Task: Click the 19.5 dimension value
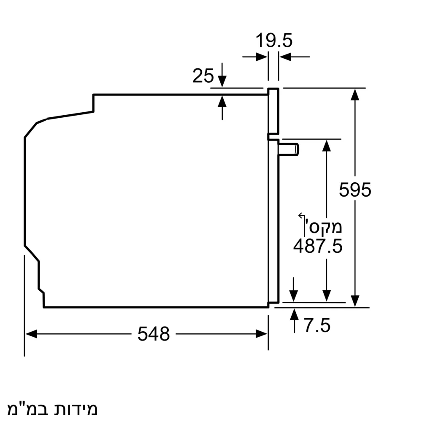tap(274, 41)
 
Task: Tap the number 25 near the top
tap(203, 76)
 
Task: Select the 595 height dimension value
tap(355, 190)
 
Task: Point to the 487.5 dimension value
tap(317, 246)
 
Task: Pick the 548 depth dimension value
tap(154, 334)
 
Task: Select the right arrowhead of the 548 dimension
tap(262, 334)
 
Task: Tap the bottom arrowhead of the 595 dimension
tap(355, 301)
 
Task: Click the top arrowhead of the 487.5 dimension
tap(326, 146)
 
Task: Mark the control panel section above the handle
tap(273, 112)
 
